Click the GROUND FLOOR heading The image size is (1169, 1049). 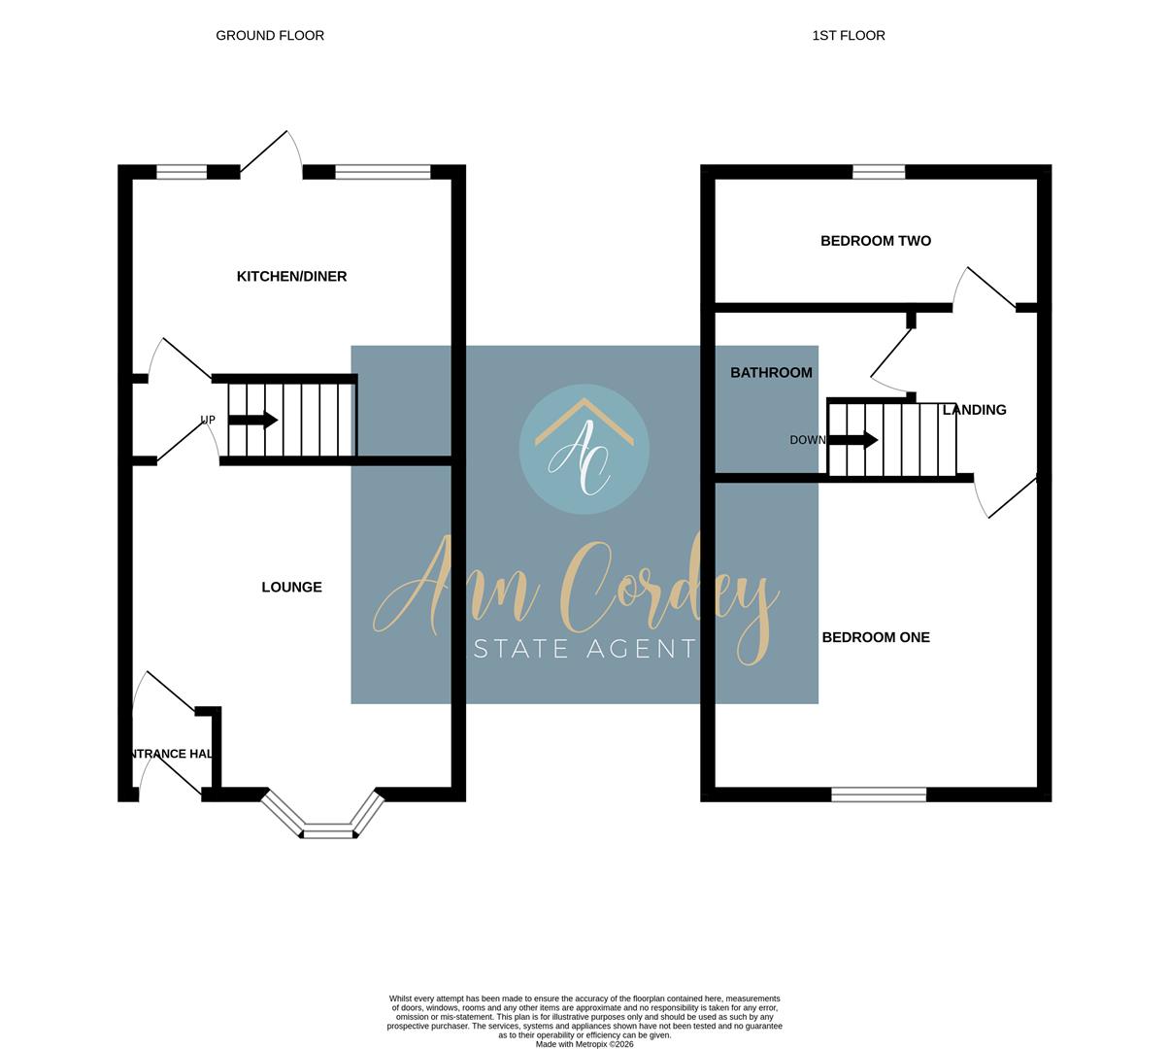pyautogui.click(x=270, y=36)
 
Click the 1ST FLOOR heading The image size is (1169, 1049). pyautogui.click(x=848, y=36)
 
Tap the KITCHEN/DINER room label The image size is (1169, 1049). pyautogui.click(x=291, y=277)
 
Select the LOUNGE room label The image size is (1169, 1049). pyautogui.click(x=291, y=588)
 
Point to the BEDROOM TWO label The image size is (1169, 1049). pyautogui.click(x=875, y=241)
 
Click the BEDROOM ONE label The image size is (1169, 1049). pyautogui.click(x=875, y=638)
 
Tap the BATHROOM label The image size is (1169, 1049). pyautogui.click(x=771, y=373)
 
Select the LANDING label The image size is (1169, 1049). pyautogui.click(x=975, y=410)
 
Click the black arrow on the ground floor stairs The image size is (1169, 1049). pyautogui.click(x=253, y=421)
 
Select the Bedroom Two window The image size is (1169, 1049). pyautogui.click(x=879, y=172)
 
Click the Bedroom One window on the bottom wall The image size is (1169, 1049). pyautogui.click(x=879, y=795)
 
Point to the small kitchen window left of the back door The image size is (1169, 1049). pyautogui.click(x=182, y=172)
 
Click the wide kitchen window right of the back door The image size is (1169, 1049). pyautogui.click(x=383, y=172)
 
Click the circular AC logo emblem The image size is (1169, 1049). pyautogui.click(x=584, y=449)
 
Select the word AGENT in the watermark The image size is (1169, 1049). pyautogui.click(x=640, y=649)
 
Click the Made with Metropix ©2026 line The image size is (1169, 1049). pyautogui.click(x=584, y=1044)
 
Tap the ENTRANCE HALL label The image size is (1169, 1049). pyautogui.click(x=171, y=754)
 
